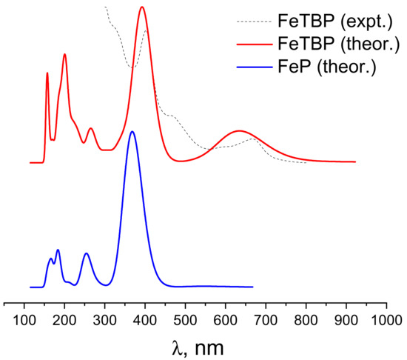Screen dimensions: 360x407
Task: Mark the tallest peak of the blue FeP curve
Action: pos(132,132)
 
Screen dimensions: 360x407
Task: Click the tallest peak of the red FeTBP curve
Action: pos(142,7)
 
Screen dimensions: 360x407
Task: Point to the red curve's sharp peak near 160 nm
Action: pos(47,73)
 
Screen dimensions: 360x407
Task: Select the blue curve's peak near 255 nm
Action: pos(86,253)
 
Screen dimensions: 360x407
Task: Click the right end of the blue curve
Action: pos(252,287)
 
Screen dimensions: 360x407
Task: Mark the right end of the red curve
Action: pos(355,161)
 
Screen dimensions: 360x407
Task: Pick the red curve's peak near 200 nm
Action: pos(65,54)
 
